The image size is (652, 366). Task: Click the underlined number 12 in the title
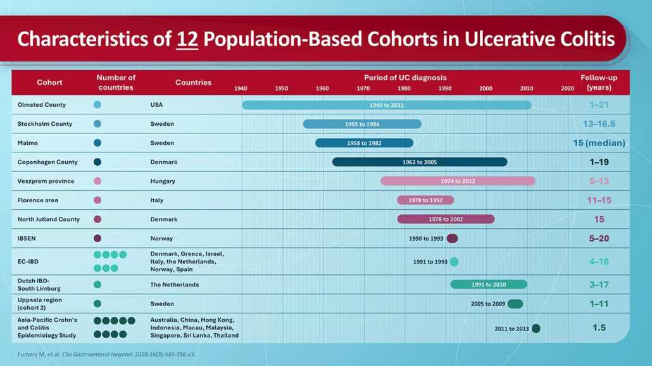(187, 39)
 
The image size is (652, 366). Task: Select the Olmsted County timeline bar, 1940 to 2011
(386, 105)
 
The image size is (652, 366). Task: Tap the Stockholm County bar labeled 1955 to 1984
(362, 124)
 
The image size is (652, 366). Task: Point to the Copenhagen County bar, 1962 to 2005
(420, 162)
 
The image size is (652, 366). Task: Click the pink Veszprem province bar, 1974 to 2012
(458, 181)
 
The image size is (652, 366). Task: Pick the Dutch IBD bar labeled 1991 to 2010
(488, 284)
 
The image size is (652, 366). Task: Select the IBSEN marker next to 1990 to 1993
(452, 238)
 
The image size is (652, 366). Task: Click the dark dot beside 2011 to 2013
(536, 328)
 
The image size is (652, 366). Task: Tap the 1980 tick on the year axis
(404, 88)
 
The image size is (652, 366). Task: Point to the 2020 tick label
(567, 88)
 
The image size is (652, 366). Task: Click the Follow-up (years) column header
(599, 82)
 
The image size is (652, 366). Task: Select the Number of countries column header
(116, 82)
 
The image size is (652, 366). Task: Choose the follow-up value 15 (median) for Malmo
(599, 143)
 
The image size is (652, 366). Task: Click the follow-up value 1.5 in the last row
(599, 327)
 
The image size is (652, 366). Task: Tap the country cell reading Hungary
(163, 181)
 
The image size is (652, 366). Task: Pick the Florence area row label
(38, 200)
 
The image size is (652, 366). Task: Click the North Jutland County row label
(49, 219)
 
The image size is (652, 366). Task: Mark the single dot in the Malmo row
(97, 143)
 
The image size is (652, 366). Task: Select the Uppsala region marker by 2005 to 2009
(515, 304)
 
